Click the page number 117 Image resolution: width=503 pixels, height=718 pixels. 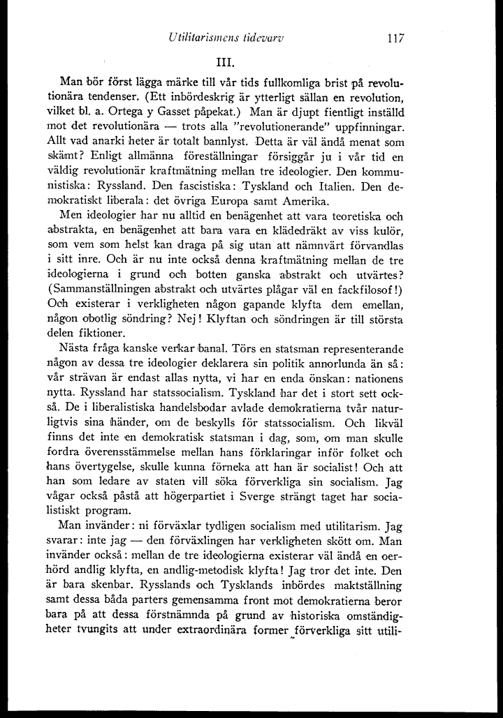tap(395, 38)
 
